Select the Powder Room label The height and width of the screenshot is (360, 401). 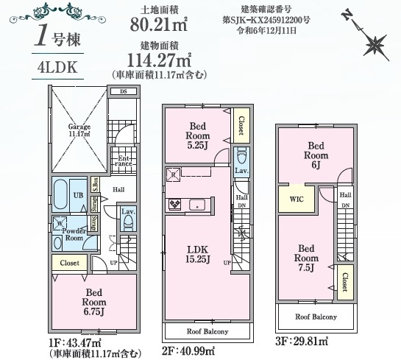[74, 233]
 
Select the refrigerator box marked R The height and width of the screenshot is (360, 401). [173, 174]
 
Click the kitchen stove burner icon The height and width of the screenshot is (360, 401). [176, 204]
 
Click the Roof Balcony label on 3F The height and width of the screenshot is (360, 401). [316, 317]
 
